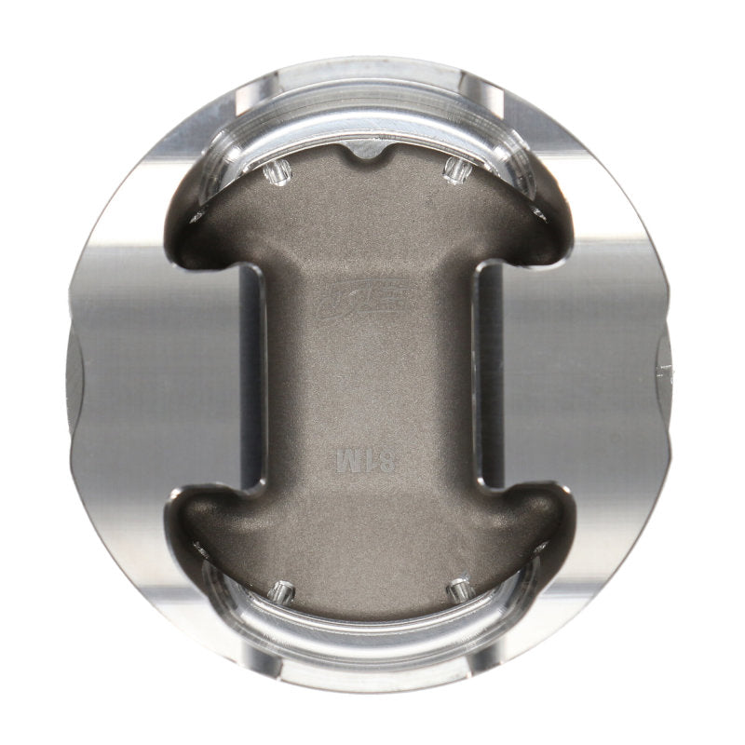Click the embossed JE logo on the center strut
coord(372,305)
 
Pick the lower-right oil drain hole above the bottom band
coord(457,590)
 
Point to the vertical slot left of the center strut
coord(250,372)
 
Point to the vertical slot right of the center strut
coord(490,372)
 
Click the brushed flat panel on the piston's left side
coord(140,372)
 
